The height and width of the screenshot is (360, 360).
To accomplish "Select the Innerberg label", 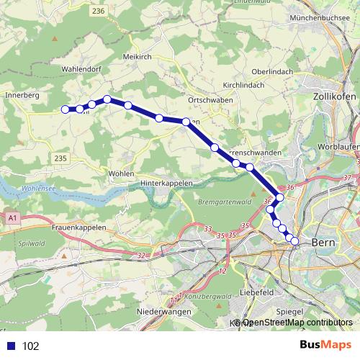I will [x=22, y=94].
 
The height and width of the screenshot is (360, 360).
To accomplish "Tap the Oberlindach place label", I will [x=272, y=71].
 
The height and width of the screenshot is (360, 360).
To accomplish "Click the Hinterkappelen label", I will [x=167, y=184].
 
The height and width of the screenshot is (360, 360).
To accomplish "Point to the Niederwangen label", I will [x=163, y=312].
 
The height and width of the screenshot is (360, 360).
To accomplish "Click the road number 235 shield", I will [x=60, y=158].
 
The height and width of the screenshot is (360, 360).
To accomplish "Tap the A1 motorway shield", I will [x=12, y=216].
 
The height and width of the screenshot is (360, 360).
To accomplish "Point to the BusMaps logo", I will [x=320, y=346].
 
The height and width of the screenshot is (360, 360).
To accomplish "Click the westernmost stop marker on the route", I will [x=66, y=109].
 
